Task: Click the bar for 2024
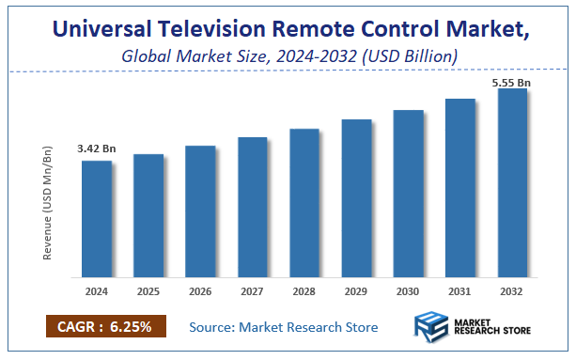(x=96, y=219)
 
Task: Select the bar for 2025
(x=148, y=216)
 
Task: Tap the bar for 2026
(x=200, y=211)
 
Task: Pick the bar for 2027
(x=252, y=208)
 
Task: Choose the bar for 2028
(x=304, y=203)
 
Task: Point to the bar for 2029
(x=356, y=198)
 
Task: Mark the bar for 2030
(x=408, y=194)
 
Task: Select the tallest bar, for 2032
(x=512, y=183)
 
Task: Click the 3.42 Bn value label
(x=96, y=149)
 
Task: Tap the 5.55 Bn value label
(x=511, y=83)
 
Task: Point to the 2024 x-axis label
(x=96, y=290)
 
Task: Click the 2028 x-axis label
(x=304, y=290)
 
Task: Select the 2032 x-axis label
(x=512, y=290)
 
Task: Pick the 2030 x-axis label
(x=408, y=290)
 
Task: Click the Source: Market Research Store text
(x=283, y=327)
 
